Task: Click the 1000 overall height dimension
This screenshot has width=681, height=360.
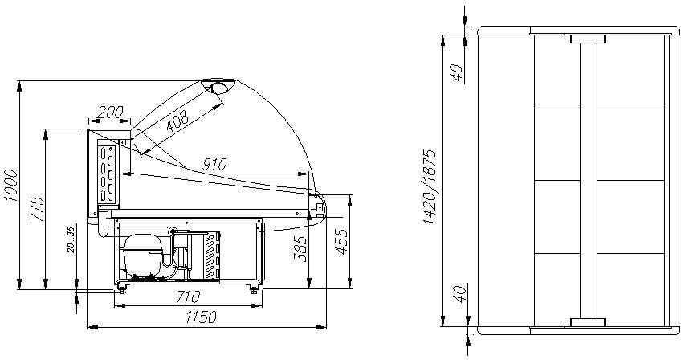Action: (11, 185)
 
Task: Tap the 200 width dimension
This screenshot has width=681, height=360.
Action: (109, 112)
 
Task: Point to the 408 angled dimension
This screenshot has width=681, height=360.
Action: (177, 120)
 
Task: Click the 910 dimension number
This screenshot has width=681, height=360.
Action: (214, 165)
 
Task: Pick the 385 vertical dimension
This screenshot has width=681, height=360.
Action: (300, 248)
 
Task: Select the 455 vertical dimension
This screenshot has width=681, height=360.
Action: (341, 241)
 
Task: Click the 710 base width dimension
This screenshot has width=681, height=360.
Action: (188, 297)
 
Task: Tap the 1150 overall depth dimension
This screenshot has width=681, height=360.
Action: (200, 317)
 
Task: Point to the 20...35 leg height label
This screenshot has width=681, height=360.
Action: (71, 239)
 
